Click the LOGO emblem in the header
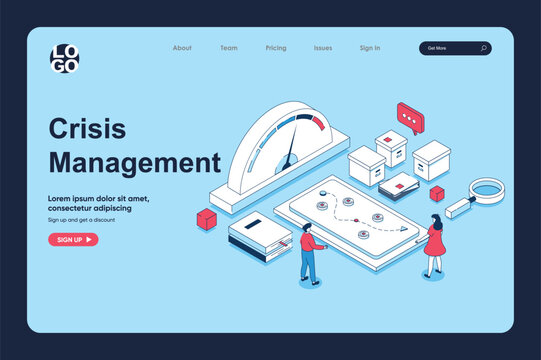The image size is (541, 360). (x=66, y=59)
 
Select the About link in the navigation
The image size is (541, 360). (x=182, y=48)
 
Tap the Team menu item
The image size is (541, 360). (x=229, y=48)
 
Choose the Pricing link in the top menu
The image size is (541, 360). (x=276, y=48)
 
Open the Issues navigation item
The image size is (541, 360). (x=323, y=48)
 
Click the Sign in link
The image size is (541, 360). (x=370, y=48)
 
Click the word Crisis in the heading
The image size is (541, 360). (x=87, y=129)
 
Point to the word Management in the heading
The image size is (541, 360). (x=134, y=162)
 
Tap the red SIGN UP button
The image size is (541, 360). (x=73, y=240)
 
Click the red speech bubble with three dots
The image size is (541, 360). (x=409, y=117)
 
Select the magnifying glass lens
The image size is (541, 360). (x=488, y=188)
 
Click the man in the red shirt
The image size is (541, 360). (x=310, y=252)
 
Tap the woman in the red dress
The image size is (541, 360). (x=435, y=243)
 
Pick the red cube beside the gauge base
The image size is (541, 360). (x=207, y=219)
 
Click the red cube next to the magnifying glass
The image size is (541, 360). (x=436, y=193)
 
